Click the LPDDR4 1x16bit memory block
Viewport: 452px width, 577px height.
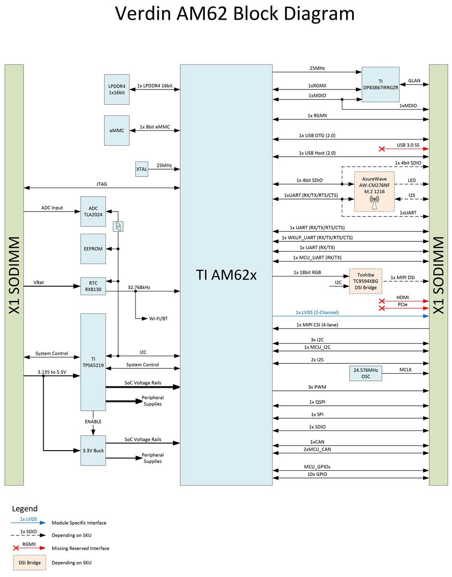click(x=117, y=89)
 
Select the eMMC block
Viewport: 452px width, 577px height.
click(x=117, y=130)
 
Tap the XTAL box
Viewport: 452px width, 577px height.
click(x=141, y=169)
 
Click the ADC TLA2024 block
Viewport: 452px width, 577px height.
click(x=93, y=212)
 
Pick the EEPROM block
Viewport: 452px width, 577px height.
click(x=93, y=249)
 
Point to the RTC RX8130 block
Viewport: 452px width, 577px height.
click(x=93, y=286)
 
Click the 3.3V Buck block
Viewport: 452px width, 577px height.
click(x=93, y=451)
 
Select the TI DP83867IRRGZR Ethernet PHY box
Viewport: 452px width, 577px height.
click(x=380, y=85)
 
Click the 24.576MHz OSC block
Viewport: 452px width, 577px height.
click(x=366, y=374)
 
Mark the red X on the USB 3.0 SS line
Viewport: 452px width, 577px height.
click(x=382, y=149)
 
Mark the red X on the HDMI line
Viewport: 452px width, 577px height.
click(x=382, y=301)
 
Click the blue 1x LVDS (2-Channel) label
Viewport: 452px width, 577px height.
click(x=317, y=312)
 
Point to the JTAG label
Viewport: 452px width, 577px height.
click(x=101, y=183)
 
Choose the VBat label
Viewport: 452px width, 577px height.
click(x=39, y=282)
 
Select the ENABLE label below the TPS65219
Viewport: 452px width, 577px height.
click(x=93, y=422)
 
